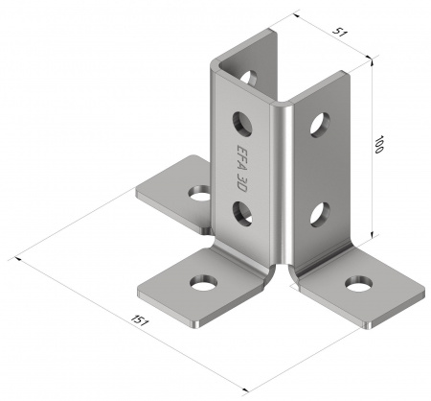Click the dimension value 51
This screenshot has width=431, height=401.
pyautogui.click(x=339, y=32)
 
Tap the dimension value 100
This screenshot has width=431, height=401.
pyautogui.click(x=378, y=145)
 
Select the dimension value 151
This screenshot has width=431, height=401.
pyautogui.click(x=139, y=320)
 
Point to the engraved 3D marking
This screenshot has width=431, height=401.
pyautogui.click(x=241, y=182)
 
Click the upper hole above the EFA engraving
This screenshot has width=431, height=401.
pyautogui.click(x=242, y=124)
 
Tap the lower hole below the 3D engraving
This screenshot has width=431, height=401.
pyautogui.click(x=242, y=213)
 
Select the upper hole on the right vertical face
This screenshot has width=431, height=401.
pyautogui.click(x=320, y=125)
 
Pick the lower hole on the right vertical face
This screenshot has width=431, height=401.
pyautogui.click(x=320, y=215)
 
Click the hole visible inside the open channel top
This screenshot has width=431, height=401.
pyautogui.click(x=249, y=78)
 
